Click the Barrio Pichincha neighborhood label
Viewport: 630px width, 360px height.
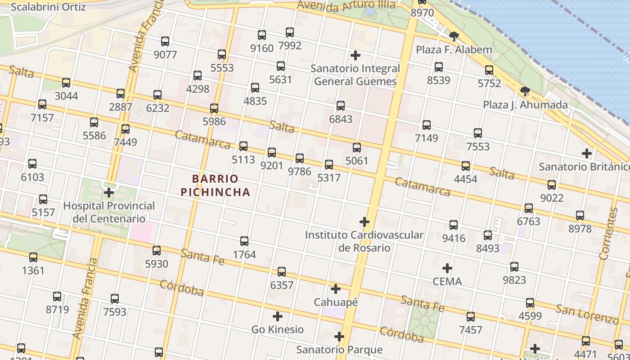coord(215,185)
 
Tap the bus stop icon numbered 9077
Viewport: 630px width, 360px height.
coord(165,41)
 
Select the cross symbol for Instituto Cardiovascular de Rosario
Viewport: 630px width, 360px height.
coord(364,222)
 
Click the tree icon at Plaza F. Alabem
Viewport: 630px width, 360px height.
coord(454,36)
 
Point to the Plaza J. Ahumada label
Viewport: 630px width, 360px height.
coord(525,105)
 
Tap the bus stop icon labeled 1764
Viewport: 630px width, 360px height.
coord(244,241)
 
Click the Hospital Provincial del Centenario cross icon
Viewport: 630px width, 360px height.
coord(109,193)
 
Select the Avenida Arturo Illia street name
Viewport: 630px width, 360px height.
coord(346,6)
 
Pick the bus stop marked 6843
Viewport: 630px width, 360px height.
coord(341,106)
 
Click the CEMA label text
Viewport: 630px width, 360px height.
coord(447,282)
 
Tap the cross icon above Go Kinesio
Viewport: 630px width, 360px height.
coord(278,316)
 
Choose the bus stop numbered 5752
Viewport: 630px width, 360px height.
coord(489,70)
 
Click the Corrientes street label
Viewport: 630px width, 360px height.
coord(608,234)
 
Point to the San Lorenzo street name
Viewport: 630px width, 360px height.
coord(587,314)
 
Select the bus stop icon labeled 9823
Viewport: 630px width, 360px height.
coord(514,267)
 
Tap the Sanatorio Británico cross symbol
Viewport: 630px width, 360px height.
coord(587,153)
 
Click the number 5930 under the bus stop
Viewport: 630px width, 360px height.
coord(157,264)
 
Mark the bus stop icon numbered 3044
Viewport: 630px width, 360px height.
coord(66,83)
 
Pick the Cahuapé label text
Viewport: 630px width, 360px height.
coord(336,302)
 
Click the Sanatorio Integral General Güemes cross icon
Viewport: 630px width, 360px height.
coord(355,55)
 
